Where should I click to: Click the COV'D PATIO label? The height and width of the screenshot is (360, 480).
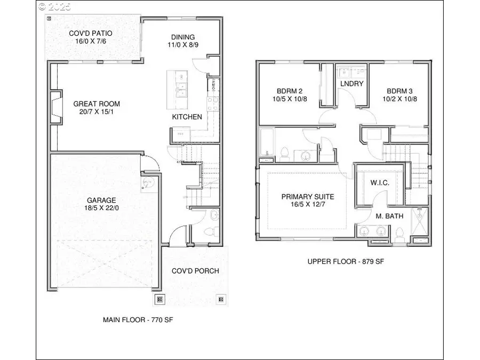pos(90,34)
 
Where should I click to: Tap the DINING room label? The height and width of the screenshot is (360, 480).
pos(183,37)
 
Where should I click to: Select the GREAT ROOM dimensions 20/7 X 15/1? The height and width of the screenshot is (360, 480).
pos(97,113)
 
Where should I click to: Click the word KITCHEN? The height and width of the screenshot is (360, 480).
pos(187,117)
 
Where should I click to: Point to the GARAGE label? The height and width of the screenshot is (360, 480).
pos(101,201)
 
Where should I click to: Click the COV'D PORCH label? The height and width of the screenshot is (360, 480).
pos(195,271)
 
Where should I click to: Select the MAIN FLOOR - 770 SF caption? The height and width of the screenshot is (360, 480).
pos(138,320)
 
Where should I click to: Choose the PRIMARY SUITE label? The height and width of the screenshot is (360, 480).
pos(308,197)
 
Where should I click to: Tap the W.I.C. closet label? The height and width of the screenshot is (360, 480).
pos(380,183)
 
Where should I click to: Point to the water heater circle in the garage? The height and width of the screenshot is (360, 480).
pos(149,183)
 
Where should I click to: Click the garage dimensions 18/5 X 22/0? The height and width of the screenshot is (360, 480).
pos(101,210)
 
